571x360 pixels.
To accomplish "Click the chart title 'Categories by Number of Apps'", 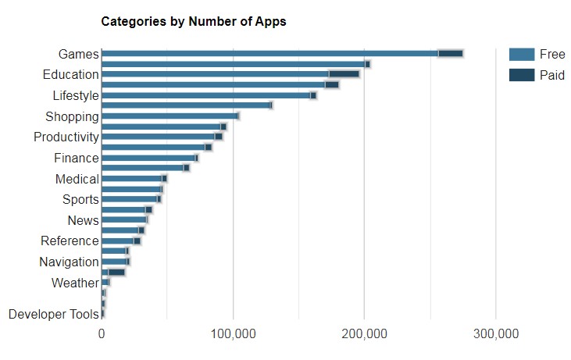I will click(x=194, y=22).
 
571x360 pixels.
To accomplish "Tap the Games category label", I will click(x=78, y=54).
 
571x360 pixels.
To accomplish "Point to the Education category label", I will click(x=70, y=75).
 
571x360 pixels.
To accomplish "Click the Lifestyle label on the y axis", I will click(x=76, y=96).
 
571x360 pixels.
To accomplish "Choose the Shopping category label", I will click(x=72, y=117).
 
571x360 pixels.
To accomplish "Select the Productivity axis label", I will click(x=66, y=137).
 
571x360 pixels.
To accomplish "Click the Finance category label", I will click(x=77, y=159).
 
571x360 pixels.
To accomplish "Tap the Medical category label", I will click(x=77, y=180).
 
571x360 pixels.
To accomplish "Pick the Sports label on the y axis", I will click(x=80, y=200).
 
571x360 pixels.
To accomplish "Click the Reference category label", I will click(x=70, y=241).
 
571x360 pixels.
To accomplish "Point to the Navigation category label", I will click(x=69, y=262).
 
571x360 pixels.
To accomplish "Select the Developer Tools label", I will click(x=54, y=315).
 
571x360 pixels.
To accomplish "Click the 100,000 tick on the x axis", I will click(x=234, y=334).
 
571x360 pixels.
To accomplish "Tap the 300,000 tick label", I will click(x=496, y=334).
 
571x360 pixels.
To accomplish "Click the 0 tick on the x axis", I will click(x=102, y=334).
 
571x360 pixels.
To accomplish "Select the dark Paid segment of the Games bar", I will click(x=451, y=54).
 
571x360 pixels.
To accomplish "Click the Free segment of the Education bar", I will click(x=215, y=74).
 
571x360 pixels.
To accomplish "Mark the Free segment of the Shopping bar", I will click(x=169, y=116).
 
